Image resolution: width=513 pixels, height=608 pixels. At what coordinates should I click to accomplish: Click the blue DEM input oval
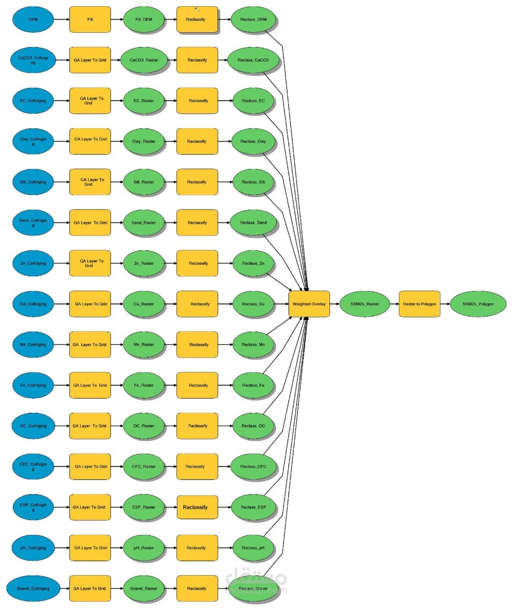tap(33, 19)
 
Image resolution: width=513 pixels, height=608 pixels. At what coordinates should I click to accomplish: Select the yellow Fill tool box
tap(90, 19)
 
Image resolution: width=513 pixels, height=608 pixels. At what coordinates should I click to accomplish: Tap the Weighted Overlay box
tap(309, 304)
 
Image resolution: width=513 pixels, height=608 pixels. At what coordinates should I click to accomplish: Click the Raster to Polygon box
tap(420, 304)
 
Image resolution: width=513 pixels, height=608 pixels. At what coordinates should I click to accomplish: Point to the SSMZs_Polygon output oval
tap(478, 304)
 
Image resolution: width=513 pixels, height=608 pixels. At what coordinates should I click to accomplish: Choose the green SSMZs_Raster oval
tap(364, 304)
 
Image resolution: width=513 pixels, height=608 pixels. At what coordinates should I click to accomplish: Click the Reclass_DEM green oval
tap(253, 19)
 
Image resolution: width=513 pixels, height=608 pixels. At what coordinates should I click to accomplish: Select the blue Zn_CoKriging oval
tap(33, 263)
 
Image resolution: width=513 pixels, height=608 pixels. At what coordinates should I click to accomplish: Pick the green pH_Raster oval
tap(144, 548)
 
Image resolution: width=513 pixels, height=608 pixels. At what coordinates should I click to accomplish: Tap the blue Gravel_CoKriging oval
tap(33, 589)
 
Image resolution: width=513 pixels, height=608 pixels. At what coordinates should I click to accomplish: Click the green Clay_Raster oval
tap(144, 141)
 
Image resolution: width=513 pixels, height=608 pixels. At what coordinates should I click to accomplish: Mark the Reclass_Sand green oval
tap(253, 222)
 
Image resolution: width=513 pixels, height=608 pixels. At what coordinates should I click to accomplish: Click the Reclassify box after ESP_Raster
tap(197, 507)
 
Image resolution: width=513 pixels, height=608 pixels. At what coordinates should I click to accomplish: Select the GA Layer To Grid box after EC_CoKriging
tap(90, 101)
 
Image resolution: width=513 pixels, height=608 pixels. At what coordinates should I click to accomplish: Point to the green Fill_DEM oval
tap(144, 19)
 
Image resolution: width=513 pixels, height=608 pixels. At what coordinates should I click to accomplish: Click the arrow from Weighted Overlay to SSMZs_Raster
tap(335, 304)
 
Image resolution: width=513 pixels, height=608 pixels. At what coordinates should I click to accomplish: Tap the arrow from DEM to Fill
tap(61, 19)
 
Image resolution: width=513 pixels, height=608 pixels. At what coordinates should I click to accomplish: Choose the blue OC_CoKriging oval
tap(33, 426)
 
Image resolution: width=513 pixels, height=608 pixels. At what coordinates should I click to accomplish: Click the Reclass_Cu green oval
tap(253, 304)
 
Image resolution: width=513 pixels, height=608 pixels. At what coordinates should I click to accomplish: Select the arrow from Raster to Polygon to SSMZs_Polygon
tap(445, 304)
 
